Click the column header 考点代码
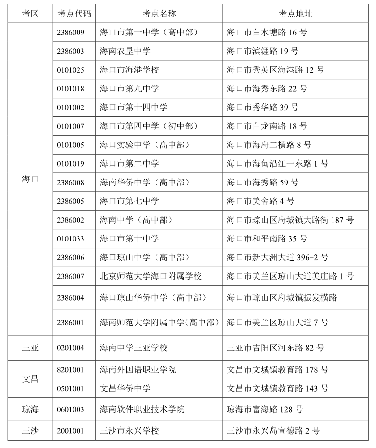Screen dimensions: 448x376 (x=74, y=14)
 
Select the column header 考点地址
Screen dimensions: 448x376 (x=295, y=14)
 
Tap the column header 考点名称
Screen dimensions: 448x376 (x=159, y=14)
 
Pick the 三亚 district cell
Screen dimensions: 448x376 (x=30, y=348)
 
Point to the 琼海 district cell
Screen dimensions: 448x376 (x=30, y=409)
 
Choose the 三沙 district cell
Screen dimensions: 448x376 (x=30, y=431)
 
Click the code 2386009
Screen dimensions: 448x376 (x=70, y=33)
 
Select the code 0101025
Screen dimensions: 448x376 (x=70, y=70)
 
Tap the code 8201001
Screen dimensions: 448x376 (x=70, y=370)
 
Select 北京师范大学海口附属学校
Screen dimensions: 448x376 (x=151, y=276)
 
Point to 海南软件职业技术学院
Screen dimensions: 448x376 (x=142, y=409)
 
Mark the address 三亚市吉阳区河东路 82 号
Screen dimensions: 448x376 (x=275, y=348)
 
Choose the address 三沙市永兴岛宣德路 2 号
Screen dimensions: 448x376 (x=273, y=431)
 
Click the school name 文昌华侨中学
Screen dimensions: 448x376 (x=125, y=388)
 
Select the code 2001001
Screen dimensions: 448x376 (x=70, y=431)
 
